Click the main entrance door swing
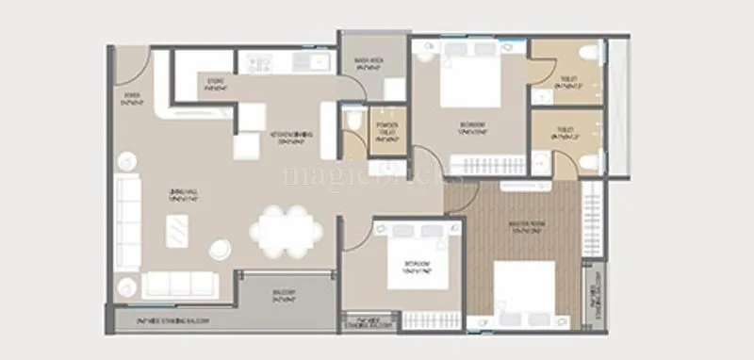click(x=133, y=65)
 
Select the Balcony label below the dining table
click(x=286, y=296)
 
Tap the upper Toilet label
click(x=565, y=86)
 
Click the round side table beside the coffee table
click(x=220, y=250)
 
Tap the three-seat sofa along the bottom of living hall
click(x=179, y=283)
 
